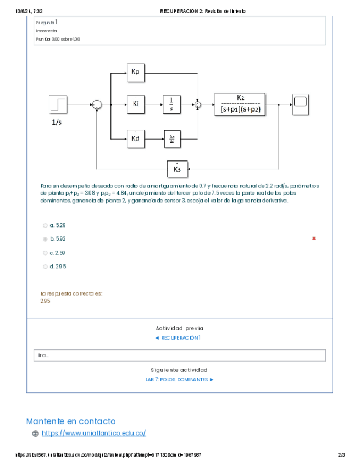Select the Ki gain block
pos(135,104)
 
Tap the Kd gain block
pos(135,138)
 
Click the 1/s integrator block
pos(171,104)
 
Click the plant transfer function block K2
pos(240,103)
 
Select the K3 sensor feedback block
pos(177,169)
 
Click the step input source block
pos(58,103)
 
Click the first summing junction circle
pos(97,104)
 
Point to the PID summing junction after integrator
pos(198,104)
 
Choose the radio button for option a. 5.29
pos(45,225)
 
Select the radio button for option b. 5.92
pos(45,239)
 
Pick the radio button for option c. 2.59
pos(45,253)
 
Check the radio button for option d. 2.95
pos(45,267)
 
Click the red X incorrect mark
pos(314,238)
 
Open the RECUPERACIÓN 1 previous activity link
pos(179,337)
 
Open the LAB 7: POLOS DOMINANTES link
pos(179,379)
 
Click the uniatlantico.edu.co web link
pos(93,433)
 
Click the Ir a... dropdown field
pos(179,356)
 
